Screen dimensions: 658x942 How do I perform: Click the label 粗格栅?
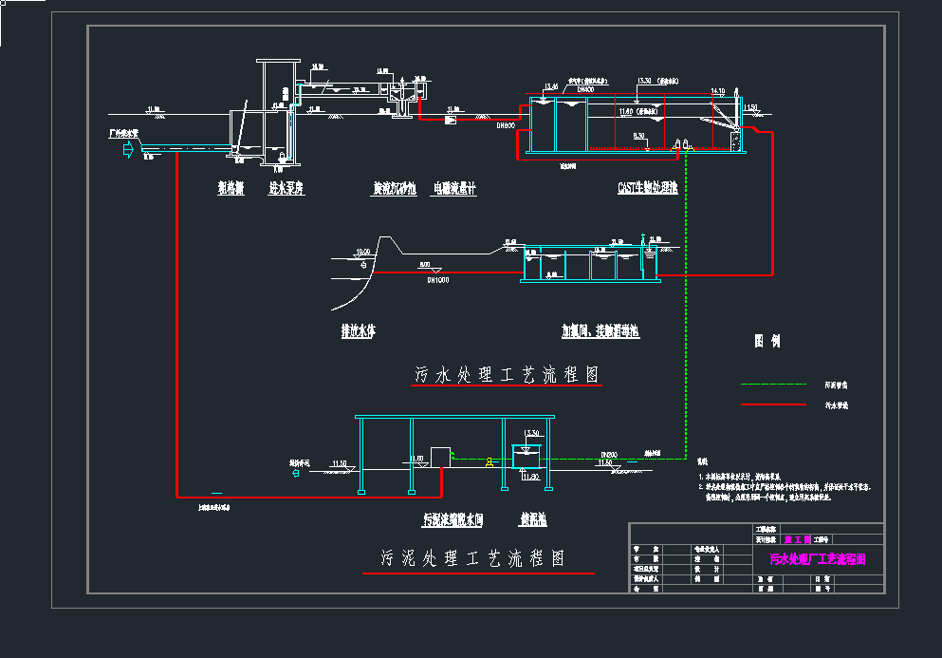tap(231, 189)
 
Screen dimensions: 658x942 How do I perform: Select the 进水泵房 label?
tap(286, 189)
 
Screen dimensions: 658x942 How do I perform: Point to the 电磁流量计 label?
tap(454, 189)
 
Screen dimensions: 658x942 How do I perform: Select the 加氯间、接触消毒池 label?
tap(600, 331)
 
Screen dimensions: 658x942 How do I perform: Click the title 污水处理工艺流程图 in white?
tap(508, 375)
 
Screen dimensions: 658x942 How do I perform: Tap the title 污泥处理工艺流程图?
tap(472, 558)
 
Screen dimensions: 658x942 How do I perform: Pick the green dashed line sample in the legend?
tap(772, 385)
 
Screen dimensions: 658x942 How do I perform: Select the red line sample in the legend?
tap(772, 405)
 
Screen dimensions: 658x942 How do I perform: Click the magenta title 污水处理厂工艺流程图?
tap(817, 560)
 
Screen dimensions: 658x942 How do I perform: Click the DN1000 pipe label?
tap(437, 280)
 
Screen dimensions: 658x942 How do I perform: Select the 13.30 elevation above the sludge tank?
tap(532, 433)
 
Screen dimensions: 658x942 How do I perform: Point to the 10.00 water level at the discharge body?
tap(361, 253)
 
